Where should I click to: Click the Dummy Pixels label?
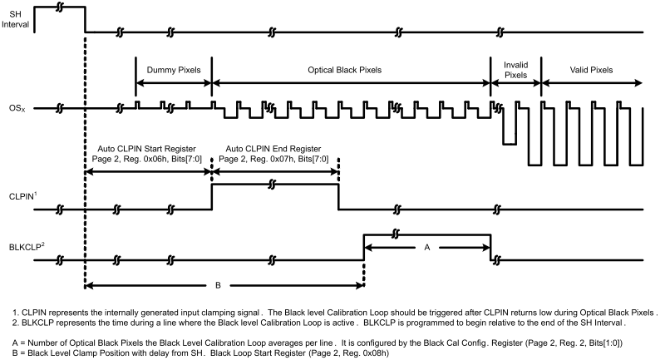[x=173, y=70]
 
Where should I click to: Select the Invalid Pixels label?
[x=516, y=69]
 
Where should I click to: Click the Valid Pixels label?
[x=591, y=70]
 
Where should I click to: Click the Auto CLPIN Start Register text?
[x=147, y=148]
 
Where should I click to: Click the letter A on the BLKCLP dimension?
[x=426, y=246]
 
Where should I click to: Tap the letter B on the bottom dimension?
[x=218, y=285]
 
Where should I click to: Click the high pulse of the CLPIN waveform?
[x=274, y=185]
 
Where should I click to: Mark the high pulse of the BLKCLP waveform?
[x=426, y=236]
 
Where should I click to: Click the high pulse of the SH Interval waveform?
[x=60, y=7]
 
